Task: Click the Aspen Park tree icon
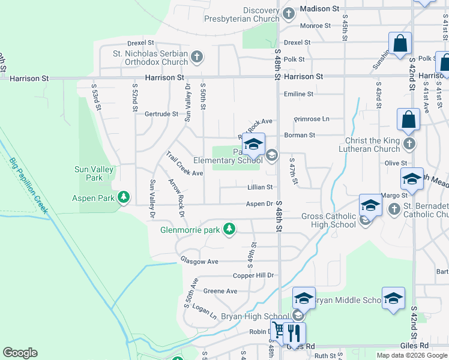tap(123, 197)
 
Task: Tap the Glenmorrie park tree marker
tap(229, 229)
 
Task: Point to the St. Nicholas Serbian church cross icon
tap(196, 58)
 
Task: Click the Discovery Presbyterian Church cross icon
tap(288, 13)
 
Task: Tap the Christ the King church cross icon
tap(409, 144)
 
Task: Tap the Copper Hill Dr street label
tap(253, 275)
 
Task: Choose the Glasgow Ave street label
tap(199, 262)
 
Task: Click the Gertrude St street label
tap(161, 114)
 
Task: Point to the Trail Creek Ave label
tap(184, 164)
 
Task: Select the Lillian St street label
tap(260, 187)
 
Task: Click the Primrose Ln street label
tap(312, 119)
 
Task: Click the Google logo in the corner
tap(20, 353)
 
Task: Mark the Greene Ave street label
tap(220, 291)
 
